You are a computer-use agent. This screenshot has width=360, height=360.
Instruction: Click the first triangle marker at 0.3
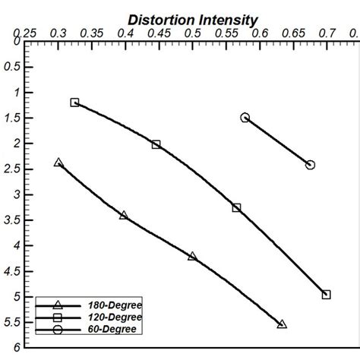(x=58, y=163)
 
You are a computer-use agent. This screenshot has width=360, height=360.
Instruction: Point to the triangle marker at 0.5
(x=192, y=257)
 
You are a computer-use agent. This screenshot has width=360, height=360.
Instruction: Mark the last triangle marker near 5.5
(x=282, y=324)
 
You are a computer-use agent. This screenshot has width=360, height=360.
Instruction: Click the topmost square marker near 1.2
(x=74, y=102)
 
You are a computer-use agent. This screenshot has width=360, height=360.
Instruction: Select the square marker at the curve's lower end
(x=327, y=295)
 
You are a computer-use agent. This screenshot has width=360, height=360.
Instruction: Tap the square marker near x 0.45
(x=156, y=144)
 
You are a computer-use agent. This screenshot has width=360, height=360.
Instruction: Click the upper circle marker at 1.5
(x=245, y=118)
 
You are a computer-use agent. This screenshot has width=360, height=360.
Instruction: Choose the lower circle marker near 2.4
(x=310, y=165)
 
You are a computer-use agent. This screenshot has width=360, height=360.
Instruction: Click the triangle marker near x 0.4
(x=124, y=216)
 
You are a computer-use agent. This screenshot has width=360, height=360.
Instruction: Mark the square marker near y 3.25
(x=237, y=207)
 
